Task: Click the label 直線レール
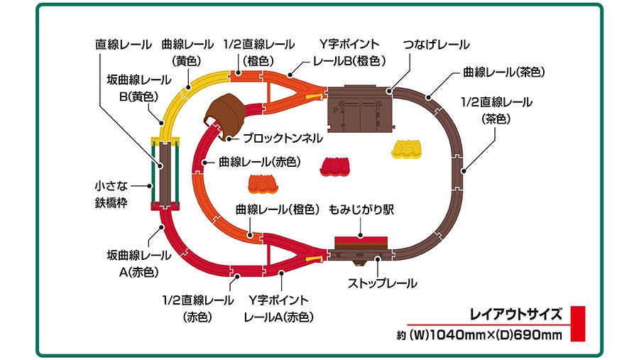[x=124, y=45]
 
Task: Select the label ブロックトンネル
[x=283, y=137]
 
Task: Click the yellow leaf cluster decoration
[x=407, y=148]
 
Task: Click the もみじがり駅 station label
[x=361, y=211]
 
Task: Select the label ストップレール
[x=382, y=283]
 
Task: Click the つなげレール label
[x=436, y=45]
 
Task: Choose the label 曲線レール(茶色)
[x=503, y=72]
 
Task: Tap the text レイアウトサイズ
[x=516, y=313]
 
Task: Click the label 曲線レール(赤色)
[x=259, y=162]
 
